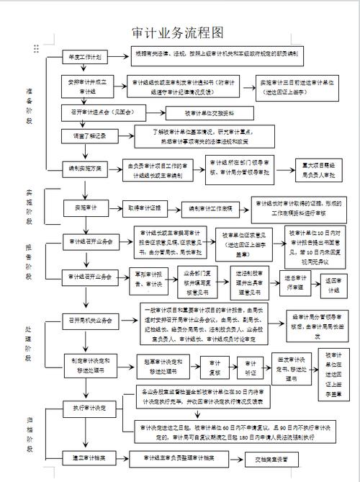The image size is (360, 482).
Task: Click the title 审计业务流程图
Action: tap(179, 33)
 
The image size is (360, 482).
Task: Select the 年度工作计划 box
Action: tap(85, 56)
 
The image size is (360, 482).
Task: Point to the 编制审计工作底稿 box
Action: tap(211, 208)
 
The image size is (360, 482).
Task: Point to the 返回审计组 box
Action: tap(333, 282)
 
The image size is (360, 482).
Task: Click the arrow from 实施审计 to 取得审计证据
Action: tap(114, 207)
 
